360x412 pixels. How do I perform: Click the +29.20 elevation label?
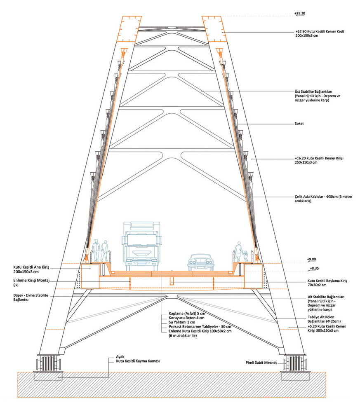(x=300, y=13)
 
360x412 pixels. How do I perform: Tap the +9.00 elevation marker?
(x=311, y=259)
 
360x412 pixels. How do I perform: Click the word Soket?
(x=299, y=124)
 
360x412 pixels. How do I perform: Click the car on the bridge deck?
(x=200, y=262)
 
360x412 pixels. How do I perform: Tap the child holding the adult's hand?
(x=246, y=256)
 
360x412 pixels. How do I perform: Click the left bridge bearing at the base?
(x=48, y=363)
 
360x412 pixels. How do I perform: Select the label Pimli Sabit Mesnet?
(x=261, y=363)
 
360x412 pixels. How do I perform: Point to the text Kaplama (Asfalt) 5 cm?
(x=187, y=314)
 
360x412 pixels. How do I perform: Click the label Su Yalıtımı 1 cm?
(x=182, y=322)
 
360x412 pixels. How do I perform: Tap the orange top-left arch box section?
(x=129, y=29)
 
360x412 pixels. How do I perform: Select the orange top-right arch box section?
(x=215, y=29)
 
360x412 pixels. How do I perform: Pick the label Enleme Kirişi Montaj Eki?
(x=31, y=283)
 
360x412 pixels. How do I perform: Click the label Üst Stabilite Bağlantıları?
(x=313, y=92)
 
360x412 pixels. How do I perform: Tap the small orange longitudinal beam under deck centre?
(x=172, y=281)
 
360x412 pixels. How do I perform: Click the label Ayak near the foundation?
(x=120, y=357)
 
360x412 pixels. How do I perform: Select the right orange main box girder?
(x=253, y=276)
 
